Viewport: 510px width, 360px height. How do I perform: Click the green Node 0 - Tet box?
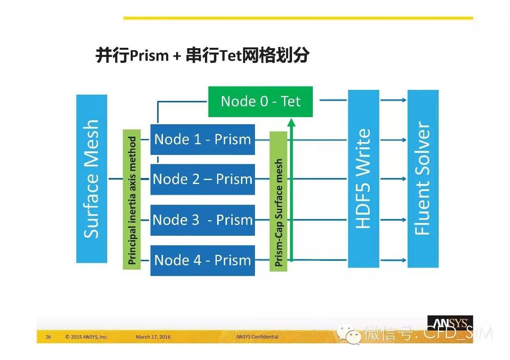click(261, 102)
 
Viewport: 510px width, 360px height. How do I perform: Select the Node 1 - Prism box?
click(203, 139)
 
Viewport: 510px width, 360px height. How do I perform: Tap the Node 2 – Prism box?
click(203, 179)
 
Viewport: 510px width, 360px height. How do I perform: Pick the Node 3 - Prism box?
click(203, 220)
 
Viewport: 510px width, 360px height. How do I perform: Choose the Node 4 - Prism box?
click(203, 260)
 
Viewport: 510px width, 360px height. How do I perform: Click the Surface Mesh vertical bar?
click(92, 179)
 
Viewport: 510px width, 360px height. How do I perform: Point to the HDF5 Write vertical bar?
click(364, 179)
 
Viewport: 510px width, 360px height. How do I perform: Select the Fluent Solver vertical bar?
click(423, 179)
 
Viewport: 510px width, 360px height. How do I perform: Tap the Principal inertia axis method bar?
click(132, 200)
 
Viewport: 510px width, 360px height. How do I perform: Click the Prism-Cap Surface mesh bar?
click(279, 202)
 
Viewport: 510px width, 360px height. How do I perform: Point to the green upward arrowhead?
click(291, 122)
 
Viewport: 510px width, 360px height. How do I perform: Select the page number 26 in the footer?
click(48, 337)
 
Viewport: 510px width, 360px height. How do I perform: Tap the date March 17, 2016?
click(153, 337)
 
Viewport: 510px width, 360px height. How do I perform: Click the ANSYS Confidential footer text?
click(257, 337)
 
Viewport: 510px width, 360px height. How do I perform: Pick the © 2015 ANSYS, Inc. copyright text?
click(86, 337)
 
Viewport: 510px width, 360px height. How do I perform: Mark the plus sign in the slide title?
click(177, 56)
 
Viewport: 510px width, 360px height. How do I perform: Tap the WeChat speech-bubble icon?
click(349, 334)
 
